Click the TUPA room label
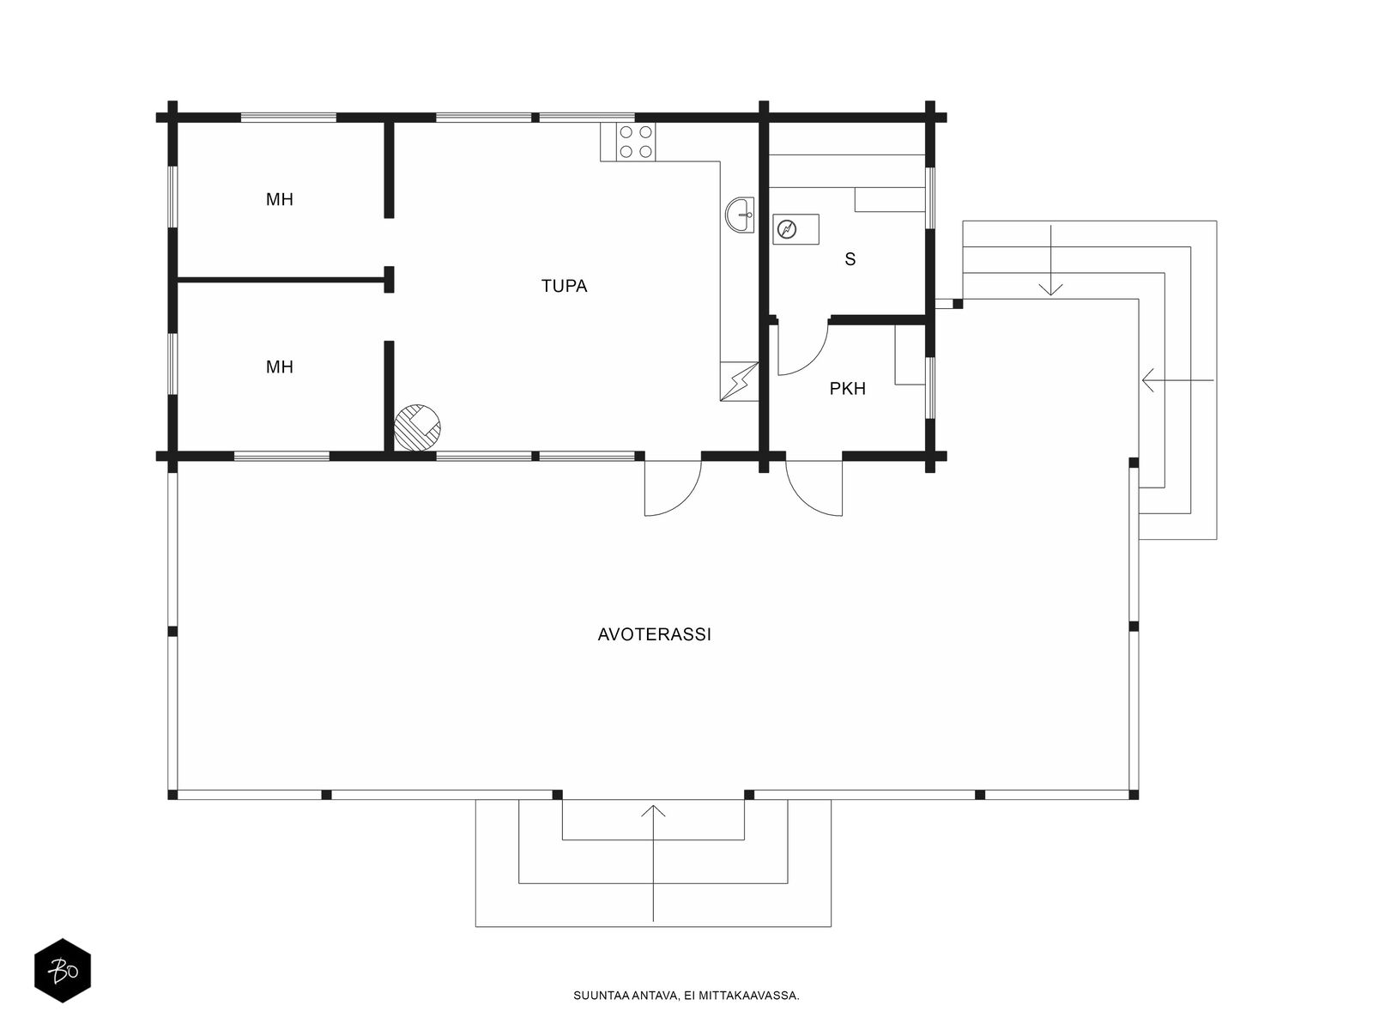(x=564, y=286)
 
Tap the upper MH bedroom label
(x=279, y=199)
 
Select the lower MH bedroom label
(x=279, y=367)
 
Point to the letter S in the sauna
(x=850, y=259)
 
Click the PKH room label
(x=848, y=388)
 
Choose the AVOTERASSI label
(x=654, y=635)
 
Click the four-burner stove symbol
(x=636, y=142)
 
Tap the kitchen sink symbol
(x=740, y=215)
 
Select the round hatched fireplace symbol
(x=417, y=427)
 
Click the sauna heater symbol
(x=795, y=229)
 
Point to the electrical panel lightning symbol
(x=739, y=381)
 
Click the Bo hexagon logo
(x=63, y=971)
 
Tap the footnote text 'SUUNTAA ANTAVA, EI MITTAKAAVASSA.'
(x=686, y=996)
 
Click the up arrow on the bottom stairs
(x=654, y=863)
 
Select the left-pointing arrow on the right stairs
(x=1178, y=380)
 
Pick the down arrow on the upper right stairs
(x=1051, y=260)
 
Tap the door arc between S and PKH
(x=814, y=360)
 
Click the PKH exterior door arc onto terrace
(x=802, y=500)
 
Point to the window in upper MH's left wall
(x=172, y=197)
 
